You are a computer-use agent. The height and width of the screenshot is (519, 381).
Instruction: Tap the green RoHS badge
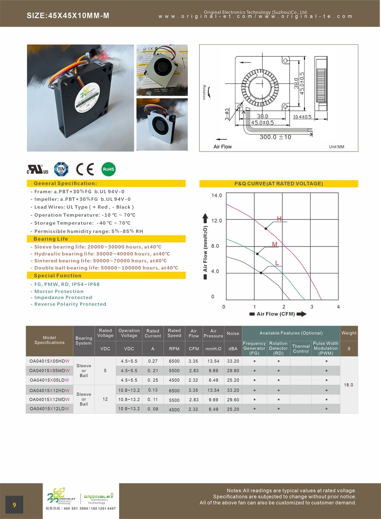109,169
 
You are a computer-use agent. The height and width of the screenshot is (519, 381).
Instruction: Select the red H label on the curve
279,219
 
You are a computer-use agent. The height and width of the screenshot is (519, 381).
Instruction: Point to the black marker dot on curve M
257,254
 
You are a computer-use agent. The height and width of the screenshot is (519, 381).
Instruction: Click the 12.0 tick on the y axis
217,221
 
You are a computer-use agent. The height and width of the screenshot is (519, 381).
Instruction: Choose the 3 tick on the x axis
311,307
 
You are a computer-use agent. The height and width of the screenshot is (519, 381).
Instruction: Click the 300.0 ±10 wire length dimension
275,137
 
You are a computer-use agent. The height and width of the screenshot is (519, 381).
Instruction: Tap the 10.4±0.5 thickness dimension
302,117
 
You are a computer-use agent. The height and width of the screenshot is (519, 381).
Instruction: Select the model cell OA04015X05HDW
49,361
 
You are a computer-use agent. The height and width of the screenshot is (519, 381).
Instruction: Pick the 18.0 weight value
349,385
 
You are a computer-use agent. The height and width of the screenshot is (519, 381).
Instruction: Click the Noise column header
233,333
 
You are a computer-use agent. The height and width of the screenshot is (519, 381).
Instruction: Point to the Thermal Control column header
300,349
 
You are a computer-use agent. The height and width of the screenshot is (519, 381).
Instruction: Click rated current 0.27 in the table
152,361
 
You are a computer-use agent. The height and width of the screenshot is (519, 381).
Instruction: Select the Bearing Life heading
51,239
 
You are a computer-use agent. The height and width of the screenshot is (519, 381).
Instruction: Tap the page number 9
15,505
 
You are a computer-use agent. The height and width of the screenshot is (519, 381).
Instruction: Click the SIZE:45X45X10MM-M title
68,16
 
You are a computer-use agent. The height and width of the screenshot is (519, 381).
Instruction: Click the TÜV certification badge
61,169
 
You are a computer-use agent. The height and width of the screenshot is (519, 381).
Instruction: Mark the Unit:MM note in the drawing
337,147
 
